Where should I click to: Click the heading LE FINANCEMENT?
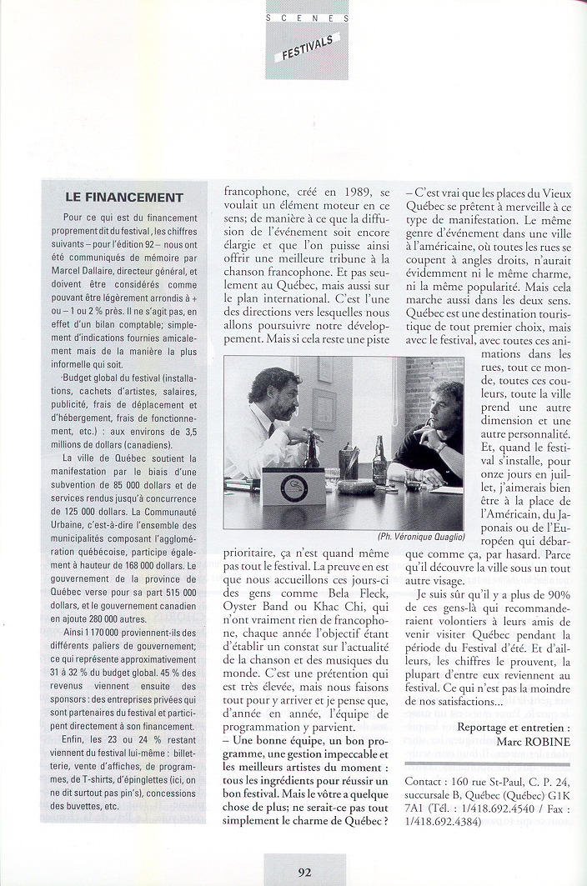[123, 198]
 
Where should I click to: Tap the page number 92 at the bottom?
[305, 873]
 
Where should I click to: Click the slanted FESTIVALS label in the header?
[306, 48]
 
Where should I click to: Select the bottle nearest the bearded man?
[312, 450]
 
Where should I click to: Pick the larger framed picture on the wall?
[324, 408]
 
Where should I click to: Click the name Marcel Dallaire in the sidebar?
[90, 271]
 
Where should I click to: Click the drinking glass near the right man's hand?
[413, 477]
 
